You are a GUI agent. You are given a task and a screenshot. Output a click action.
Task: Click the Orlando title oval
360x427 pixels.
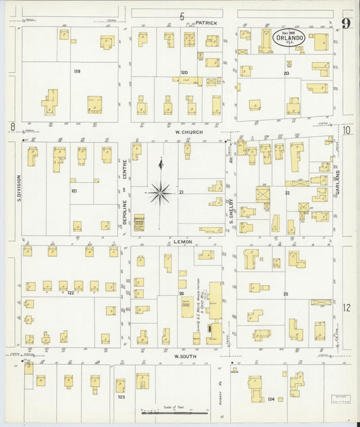coord(290,39)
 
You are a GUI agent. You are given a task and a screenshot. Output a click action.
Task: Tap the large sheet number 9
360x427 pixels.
coord(346,24)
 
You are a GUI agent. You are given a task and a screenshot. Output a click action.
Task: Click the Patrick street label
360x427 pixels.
coord(206,22)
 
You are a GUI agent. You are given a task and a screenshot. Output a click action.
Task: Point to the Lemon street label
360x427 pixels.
coord(183,241)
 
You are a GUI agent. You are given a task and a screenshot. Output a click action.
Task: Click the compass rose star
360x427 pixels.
coord(160,192)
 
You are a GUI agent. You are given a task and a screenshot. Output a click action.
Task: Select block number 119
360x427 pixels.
coord(77,71)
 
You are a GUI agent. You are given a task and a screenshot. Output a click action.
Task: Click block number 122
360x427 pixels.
coord(70,293)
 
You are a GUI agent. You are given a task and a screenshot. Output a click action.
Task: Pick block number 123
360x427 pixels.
coord(121,398)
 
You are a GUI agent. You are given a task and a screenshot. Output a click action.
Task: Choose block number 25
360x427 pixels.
coord(285,295)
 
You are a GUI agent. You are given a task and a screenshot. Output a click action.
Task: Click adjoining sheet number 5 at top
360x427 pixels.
coord(181,16)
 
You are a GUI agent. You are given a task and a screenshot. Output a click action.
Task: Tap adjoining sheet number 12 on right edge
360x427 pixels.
coord(346,307)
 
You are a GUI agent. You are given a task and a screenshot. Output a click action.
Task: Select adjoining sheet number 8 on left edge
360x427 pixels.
coord(12,127)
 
